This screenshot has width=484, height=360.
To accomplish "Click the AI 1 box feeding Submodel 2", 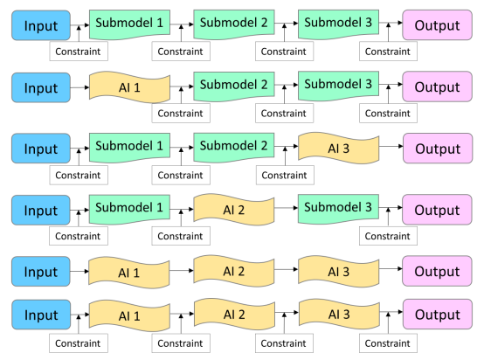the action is [129, 87].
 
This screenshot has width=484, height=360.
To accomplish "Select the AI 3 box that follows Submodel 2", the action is [338, 149].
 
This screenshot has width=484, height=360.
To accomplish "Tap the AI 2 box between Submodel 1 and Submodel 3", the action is [233, 210].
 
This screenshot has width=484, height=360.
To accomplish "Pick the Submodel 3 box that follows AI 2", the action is [338, 209].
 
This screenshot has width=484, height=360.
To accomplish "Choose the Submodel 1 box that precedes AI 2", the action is [129, 209].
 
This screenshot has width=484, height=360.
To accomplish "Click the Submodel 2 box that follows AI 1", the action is [233, 86].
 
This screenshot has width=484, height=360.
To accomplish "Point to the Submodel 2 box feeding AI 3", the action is [233, 147].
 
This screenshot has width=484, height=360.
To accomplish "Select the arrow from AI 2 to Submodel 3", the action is [287, 208].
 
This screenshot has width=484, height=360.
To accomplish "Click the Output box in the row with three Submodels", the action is [437, 25].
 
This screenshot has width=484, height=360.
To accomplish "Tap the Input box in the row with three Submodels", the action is [41, 25].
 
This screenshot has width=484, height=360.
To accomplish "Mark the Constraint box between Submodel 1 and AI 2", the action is [181, 236].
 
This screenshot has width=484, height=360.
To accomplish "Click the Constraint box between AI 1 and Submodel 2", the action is [181, 114].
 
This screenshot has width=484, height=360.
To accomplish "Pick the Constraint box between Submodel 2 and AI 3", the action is [285, 175].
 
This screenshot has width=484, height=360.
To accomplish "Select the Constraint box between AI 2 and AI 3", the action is [284, 343].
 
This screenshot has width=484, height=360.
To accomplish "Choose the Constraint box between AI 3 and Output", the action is [388, 343].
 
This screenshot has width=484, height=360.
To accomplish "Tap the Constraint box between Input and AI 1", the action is [79, 343].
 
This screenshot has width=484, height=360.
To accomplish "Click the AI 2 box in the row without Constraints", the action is [233, 271].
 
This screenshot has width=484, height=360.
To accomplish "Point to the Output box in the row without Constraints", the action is [437, 271].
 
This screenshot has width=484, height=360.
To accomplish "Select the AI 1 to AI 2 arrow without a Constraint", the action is [182, 271].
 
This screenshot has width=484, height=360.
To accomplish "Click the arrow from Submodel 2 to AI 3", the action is [287, 146].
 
